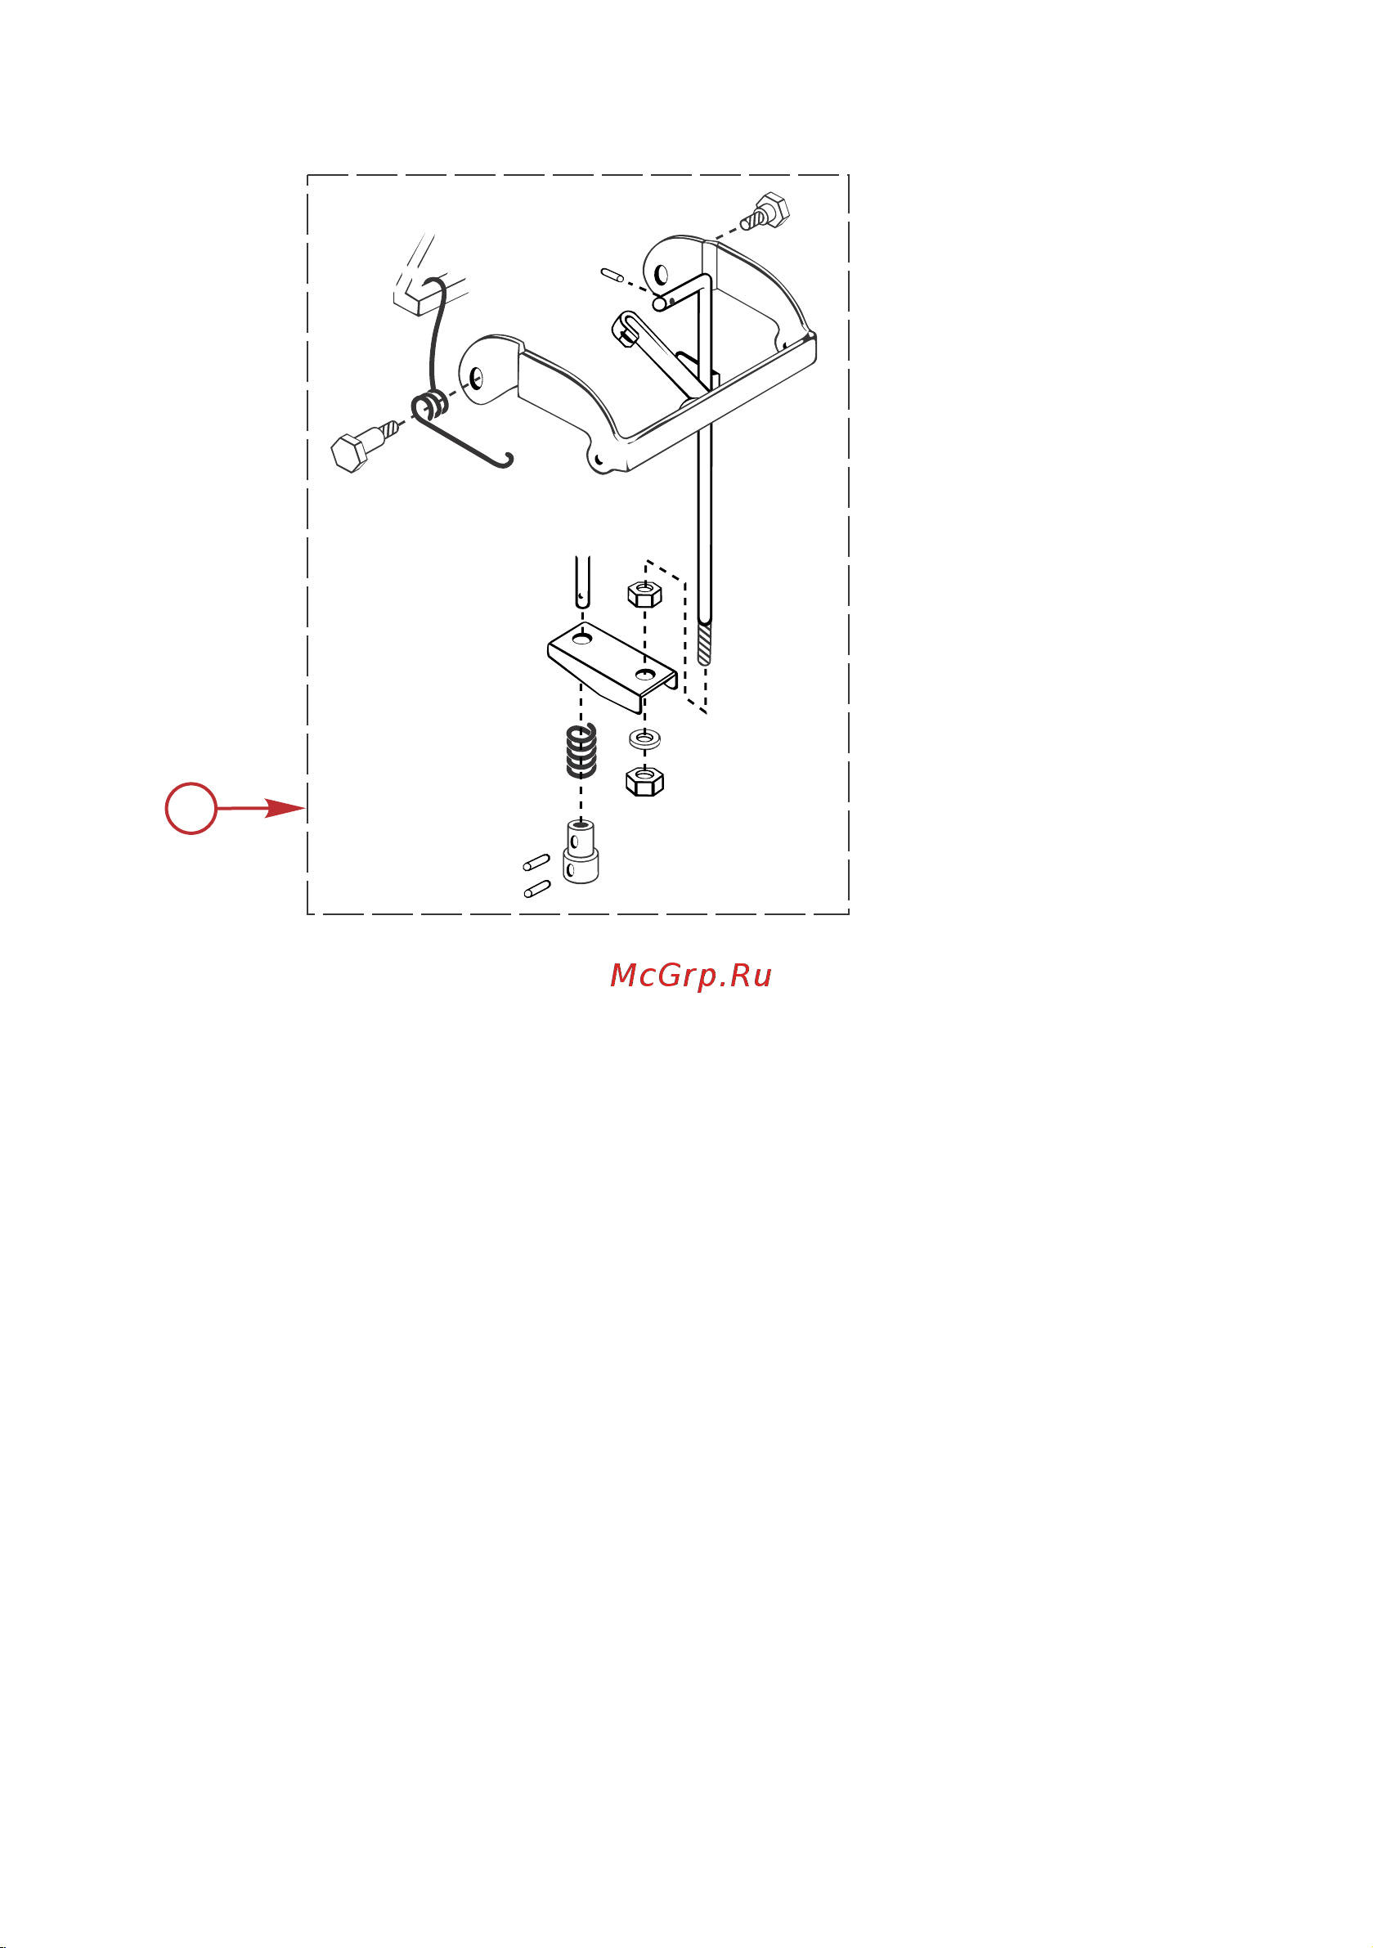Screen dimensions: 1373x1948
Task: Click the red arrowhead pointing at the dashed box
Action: [x=285, y=808]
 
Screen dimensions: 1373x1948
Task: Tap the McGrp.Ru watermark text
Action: [x=691, y=976]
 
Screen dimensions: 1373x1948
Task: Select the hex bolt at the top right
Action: [x=765, y=211]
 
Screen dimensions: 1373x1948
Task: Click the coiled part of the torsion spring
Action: [x=432, y=406]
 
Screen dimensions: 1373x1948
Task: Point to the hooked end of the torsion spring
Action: [x=505, y=460]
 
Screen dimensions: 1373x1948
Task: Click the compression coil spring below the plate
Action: [x=581, y=750]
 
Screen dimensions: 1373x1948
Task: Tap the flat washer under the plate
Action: [x=646, y=739]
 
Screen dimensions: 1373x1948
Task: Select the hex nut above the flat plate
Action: [x=645, y=592]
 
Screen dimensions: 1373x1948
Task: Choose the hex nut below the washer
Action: [x=645, y=779]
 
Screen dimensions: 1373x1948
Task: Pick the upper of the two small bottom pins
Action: [x=536, y=863]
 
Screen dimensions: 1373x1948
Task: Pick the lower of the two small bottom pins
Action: [x=537, y=889]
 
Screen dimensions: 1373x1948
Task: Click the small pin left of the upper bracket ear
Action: [x=612, y=274]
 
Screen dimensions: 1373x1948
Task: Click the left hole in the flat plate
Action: [x=581, y=637]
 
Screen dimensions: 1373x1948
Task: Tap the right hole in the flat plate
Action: [x=645, y=675]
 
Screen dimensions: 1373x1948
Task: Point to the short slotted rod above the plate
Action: [x=581, y=581]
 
